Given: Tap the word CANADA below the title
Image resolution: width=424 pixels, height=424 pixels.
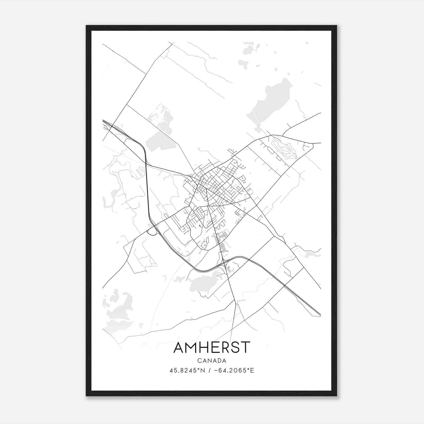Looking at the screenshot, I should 212,361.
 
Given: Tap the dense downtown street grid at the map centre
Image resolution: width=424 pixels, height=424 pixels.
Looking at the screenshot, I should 220,185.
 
